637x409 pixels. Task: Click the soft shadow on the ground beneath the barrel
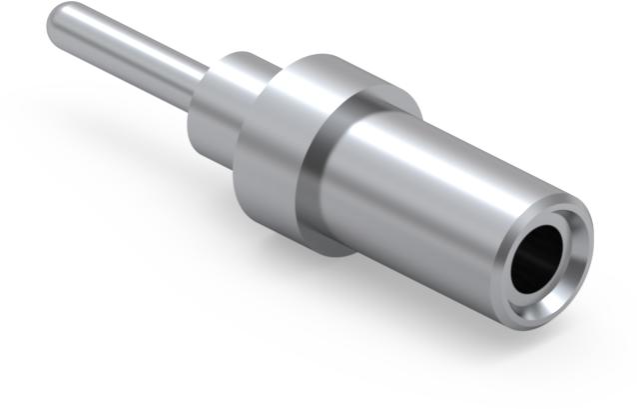419,320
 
